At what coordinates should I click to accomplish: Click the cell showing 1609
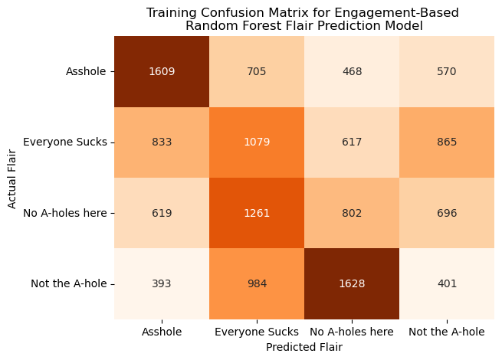tap(162, 71)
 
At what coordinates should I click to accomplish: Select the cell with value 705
tap(257, 71)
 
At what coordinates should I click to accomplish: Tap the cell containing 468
tap(352, 71)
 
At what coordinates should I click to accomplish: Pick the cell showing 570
tap(447, 71)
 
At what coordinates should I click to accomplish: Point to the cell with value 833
tap(162, 142)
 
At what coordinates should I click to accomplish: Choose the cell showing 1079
tap(257, 142)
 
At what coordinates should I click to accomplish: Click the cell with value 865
tap(447, 142)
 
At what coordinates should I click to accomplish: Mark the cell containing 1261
tap(257, 213)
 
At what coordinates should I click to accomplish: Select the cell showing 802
tap(352, 213)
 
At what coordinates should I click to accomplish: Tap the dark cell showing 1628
tap(352, 283)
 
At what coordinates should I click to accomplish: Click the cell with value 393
tap(162, 283)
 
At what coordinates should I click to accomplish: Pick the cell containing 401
tap(447, 283)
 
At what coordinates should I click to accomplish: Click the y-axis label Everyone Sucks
tap(65, 142)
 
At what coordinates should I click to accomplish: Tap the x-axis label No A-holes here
tap(352, 332)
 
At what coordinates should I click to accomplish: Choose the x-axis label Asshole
tap(162, 332)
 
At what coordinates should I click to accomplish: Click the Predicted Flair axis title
tap(304, 347)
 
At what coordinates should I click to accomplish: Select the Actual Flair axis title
tap(11, 178)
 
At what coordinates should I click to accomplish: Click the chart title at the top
tap(304, 18)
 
